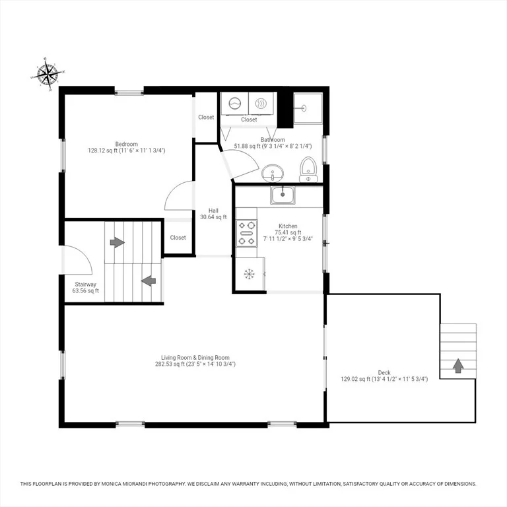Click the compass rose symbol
tap(48, 74)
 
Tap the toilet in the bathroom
tap(308, 170)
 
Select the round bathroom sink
tap(272, 173)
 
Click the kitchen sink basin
tap(283, 195)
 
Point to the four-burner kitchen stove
tap(246, 233)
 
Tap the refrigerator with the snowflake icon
tap(250, 274)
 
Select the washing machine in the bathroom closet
tap(235, 104)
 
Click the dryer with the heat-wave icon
tap(261, 104)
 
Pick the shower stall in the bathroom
tap(308, 108)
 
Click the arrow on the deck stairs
tap(458, 366)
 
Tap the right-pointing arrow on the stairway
tap(117, 242)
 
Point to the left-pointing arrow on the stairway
tap(149, 281)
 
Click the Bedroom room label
tap(127, 144)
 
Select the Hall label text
tap(213, 211)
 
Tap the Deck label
tap(384, 372)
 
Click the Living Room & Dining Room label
tap(195, 358)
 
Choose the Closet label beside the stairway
tap(178, 238)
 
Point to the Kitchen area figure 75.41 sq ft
tap(288, 232)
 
